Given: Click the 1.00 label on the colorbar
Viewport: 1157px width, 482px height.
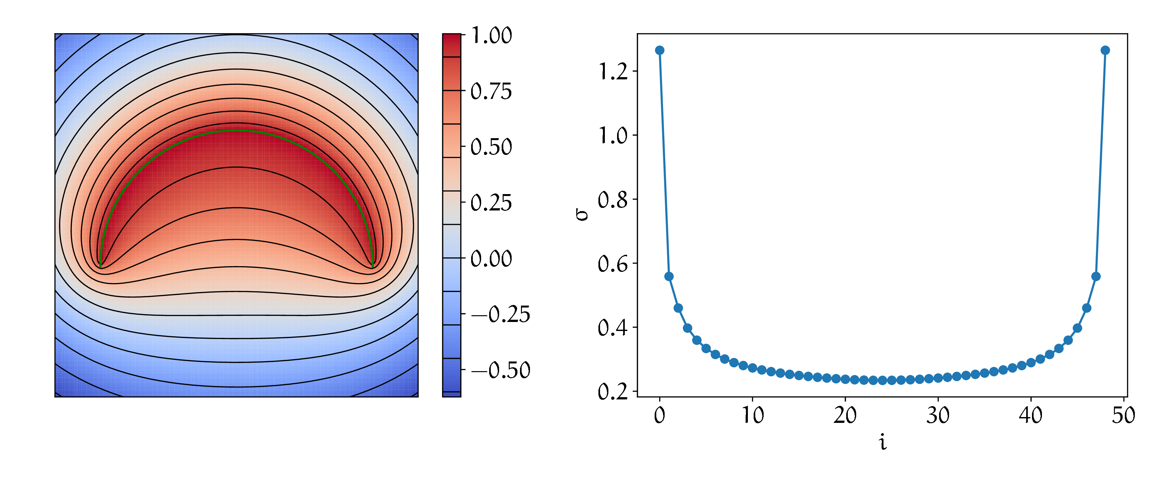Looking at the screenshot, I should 491,35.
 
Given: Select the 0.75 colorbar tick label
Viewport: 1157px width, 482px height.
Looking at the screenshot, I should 491,92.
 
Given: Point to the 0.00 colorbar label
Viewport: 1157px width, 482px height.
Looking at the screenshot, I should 491,259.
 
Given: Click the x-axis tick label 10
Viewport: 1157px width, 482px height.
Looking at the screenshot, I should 752,415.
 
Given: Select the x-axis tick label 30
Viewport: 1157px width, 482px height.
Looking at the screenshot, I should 938,415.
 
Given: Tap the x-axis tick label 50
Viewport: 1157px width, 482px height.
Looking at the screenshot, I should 1123,415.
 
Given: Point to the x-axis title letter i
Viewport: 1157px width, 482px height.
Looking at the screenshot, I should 883,443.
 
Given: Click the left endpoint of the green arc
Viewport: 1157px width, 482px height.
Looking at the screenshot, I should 101,267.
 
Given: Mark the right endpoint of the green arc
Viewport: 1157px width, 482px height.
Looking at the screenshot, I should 372,267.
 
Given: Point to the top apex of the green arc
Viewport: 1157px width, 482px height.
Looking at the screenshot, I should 237,130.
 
